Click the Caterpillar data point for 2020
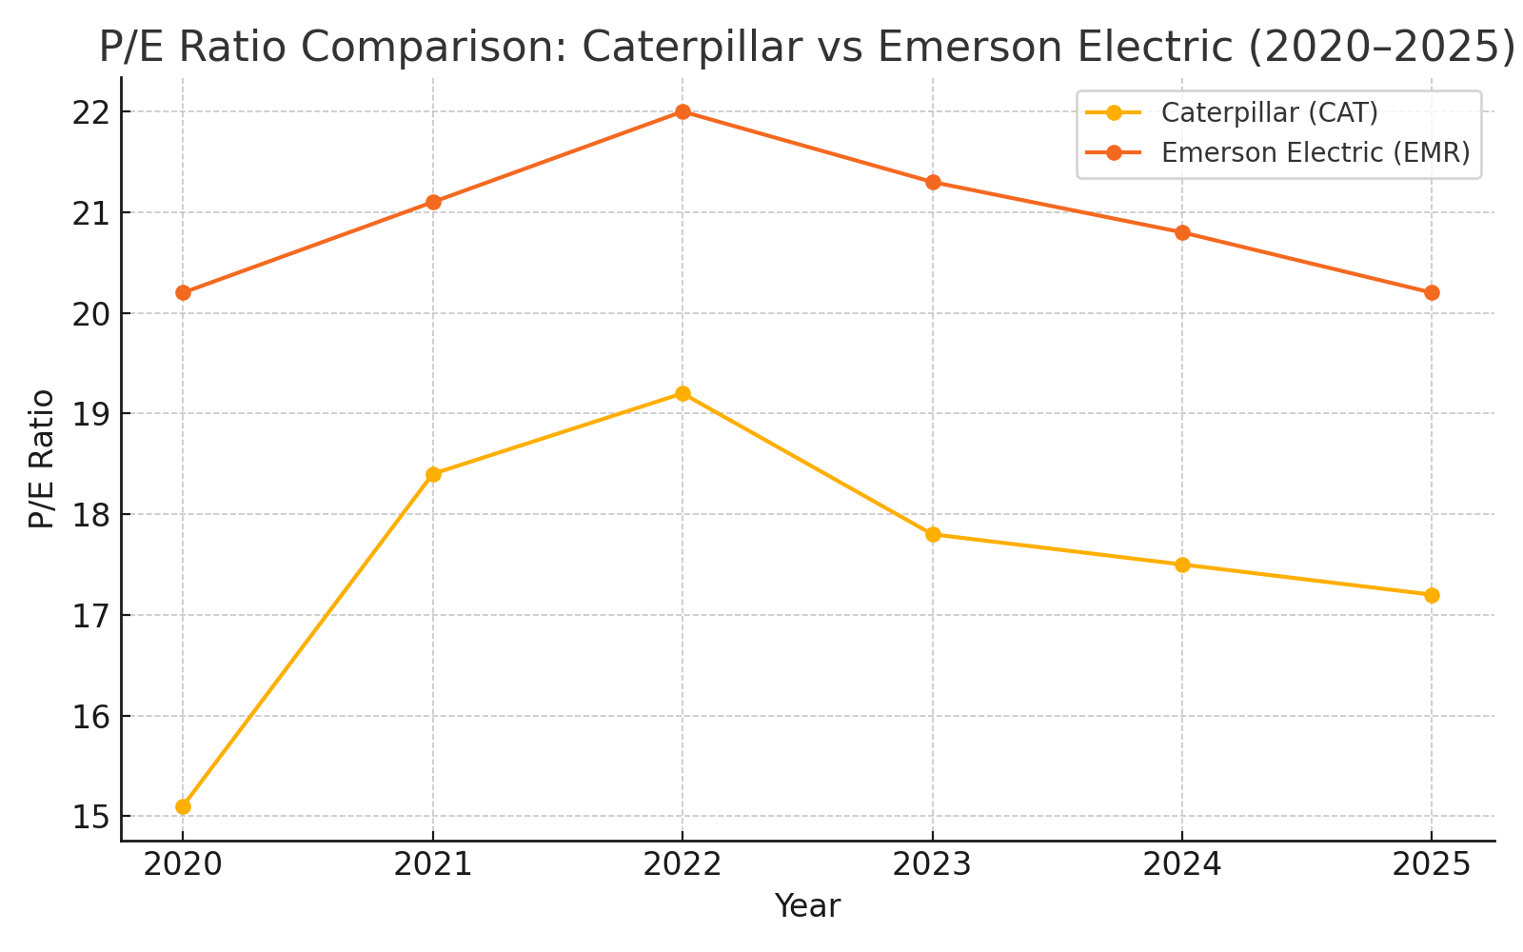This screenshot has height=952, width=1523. [183, 806]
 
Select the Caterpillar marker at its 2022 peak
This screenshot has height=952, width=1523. [682, 393]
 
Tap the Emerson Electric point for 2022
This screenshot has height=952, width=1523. [682, 111]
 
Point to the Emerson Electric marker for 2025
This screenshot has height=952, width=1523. [1432, 292]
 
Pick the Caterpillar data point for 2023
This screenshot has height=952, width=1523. [933, 534]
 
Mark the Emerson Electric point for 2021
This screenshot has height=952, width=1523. [433, 202]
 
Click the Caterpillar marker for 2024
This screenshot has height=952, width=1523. [1182, 565]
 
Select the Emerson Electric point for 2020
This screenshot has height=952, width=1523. [183, 292]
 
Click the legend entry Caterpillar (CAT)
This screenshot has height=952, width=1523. [1269, 112]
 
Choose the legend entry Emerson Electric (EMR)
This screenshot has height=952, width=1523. [1315, 152]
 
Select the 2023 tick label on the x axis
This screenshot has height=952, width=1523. [933, 864]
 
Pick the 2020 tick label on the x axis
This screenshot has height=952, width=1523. [183, 864]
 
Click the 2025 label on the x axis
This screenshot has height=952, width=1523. [1432, 864]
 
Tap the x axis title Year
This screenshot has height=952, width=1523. [807, 906]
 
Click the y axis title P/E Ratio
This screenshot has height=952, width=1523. [41, 459]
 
